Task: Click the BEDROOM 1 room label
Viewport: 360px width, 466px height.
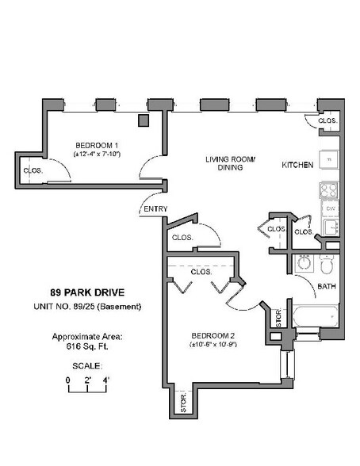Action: [97, 145]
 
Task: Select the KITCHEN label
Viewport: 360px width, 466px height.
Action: [297, 165]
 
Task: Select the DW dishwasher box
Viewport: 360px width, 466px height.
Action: [330, 209]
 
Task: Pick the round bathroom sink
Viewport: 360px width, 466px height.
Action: [304, 263]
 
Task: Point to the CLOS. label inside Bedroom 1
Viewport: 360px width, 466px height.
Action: [33, 170]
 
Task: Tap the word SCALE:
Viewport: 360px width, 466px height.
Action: [88, 366]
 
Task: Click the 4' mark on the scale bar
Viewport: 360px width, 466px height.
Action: [105, 381]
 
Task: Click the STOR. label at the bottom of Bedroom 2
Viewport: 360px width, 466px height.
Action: [182, 403]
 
